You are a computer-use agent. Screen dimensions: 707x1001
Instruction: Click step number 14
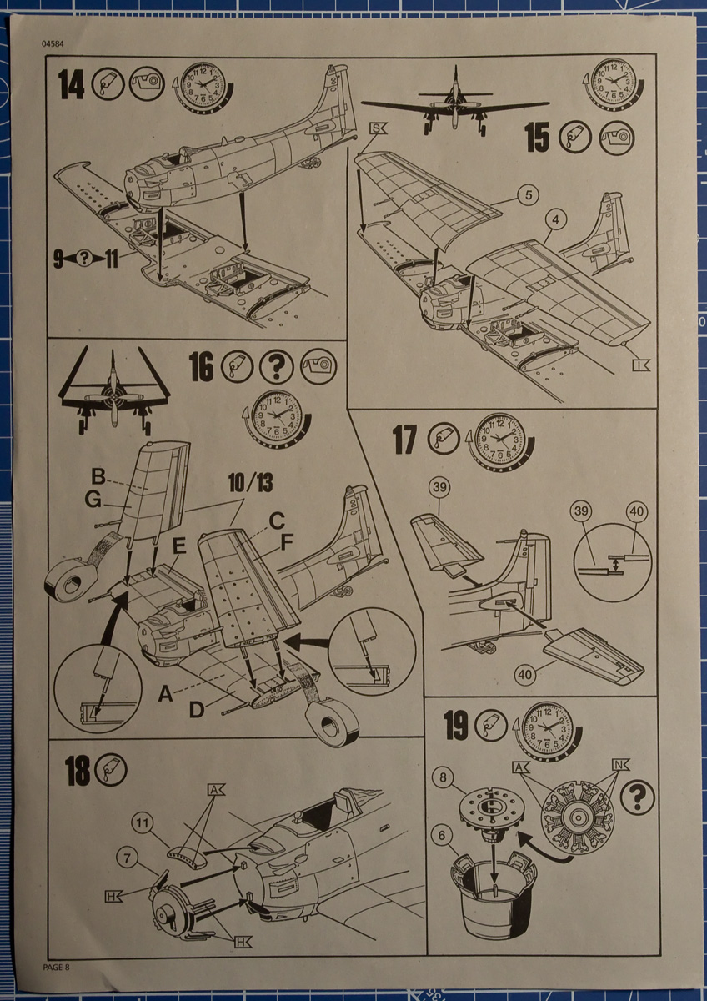(x=72, y=85)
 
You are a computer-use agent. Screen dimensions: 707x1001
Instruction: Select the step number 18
(x=78, y=772)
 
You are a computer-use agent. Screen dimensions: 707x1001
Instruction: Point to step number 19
(x=456, y=727)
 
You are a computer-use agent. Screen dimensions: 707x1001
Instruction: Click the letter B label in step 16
(x=98, y=479)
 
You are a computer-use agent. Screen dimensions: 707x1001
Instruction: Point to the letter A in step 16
(x=167, y=692)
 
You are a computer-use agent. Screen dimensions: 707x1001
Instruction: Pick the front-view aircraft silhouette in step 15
(x=454, y=104)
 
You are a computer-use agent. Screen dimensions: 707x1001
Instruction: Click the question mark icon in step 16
(x=276, y=366)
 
